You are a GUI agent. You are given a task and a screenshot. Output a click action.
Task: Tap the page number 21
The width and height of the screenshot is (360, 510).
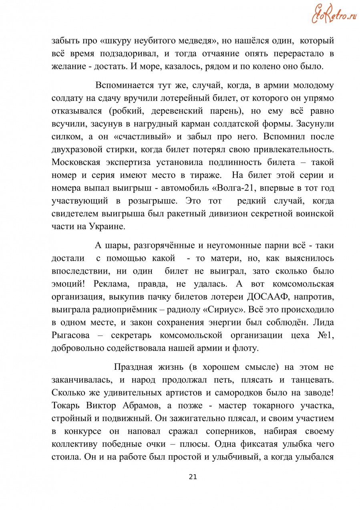[193, 477]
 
